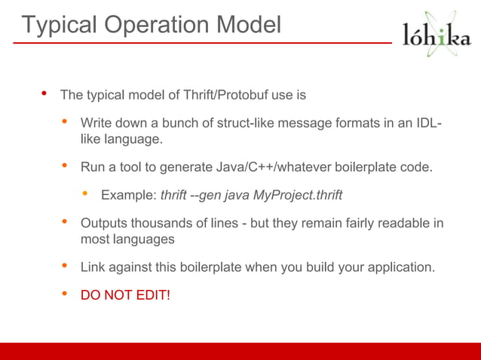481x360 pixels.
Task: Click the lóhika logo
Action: (437, 35)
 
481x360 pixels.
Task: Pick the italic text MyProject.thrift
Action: (297, 195)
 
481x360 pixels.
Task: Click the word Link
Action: (93, 267)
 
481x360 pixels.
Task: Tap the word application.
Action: (398, 267)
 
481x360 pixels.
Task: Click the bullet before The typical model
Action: (44, 95)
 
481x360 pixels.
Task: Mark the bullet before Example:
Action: (85, 194)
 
